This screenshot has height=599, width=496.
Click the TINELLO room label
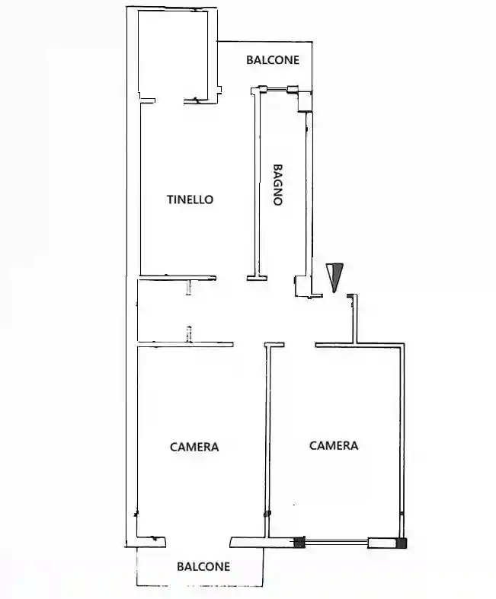pos(190,199)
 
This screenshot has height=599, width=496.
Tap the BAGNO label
pos(278,185)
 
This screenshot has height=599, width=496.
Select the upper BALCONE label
pos(273,60)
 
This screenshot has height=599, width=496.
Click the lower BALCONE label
pos(203,566)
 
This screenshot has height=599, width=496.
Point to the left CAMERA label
pos(194,447)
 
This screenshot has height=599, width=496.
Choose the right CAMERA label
pos(334,445)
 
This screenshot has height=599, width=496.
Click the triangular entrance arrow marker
pos(334,278)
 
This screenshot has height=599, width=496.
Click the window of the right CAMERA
pos(337,542)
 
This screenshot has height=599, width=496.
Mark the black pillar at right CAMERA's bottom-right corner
pos(402,543)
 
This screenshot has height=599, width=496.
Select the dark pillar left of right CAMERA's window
pos(299,543)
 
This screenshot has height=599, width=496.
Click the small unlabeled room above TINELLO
pos(173,55)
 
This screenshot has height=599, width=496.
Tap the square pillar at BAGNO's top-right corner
pos(305,101)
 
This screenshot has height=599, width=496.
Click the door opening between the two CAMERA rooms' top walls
pos(300,345)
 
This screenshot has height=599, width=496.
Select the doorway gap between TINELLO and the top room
pos(169,101)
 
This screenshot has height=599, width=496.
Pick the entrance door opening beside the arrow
pos(334,295)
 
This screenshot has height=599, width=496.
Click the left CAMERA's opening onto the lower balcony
pos(198,543)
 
